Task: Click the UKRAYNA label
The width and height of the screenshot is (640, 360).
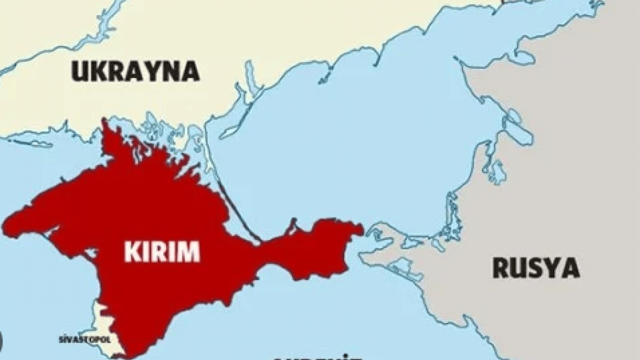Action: [x=135, y=71]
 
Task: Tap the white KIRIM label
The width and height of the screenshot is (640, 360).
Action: [x=162, y=251]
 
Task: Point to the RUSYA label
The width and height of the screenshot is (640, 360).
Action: [x=536, y=268]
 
